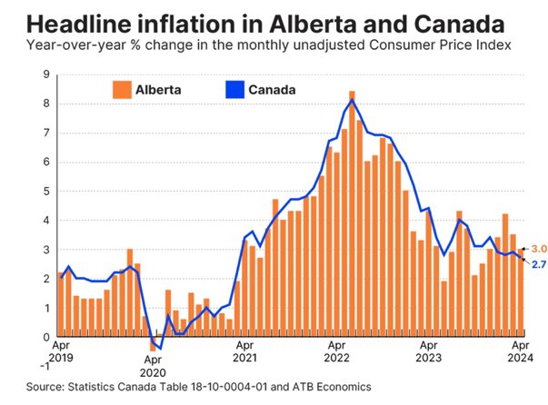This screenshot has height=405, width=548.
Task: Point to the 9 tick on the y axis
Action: click(46, 75)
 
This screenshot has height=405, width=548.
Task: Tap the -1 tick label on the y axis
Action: click(44, 366)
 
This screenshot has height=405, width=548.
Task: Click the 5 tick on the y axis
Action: click(46, 192)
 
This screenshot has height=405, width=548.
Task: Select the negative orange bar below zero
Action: click(153, 343)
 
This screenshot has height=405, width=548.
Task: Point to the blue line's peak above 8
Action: click(352, 99)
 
